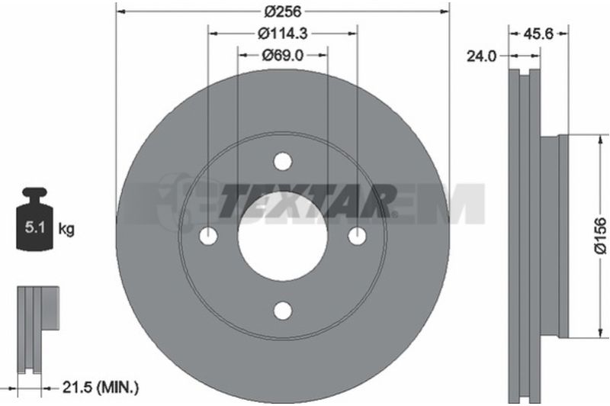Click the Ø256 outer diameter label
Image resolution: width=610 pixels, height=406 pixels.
283,11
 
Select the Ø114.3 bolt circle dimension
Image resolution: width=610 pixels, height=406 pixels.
283,34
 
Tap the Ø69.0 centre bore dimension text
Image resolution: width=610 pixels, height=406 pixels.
283,55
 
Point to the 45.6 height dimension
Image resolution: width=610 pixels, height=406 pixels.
538,34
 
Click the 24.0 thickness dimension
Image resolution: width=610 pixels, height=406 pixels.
482,56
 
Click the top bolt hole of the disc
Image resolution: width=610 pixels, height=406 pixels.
283,161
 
